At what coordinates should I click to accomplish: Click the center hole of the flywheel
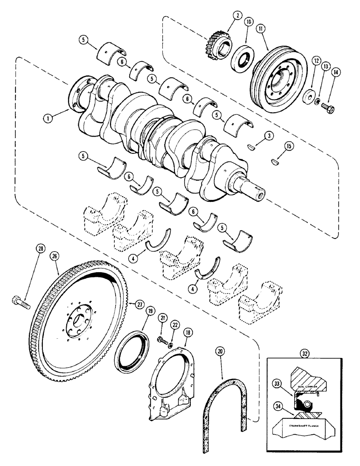click(79, 321)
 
